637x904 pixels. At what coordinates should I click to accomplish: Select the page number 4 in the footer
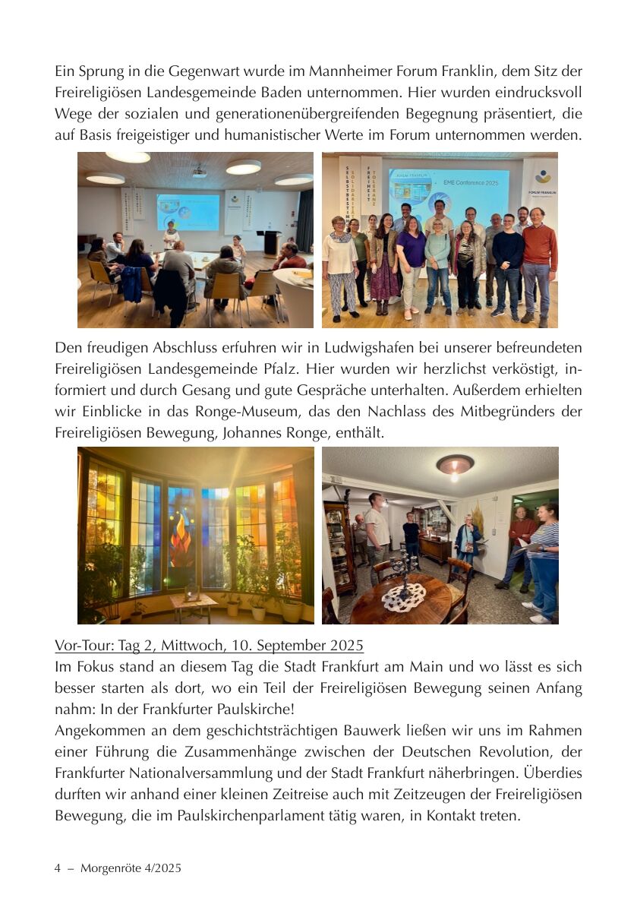coord(58,868)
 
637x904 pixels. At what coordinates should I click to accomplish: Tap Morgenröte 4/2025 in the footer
coord(131,868)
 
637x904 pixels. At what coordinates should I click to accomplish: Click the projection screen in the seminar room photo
coord(188,211)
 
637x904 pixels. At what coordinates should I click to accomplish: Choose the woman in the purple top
coord(411,258)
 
